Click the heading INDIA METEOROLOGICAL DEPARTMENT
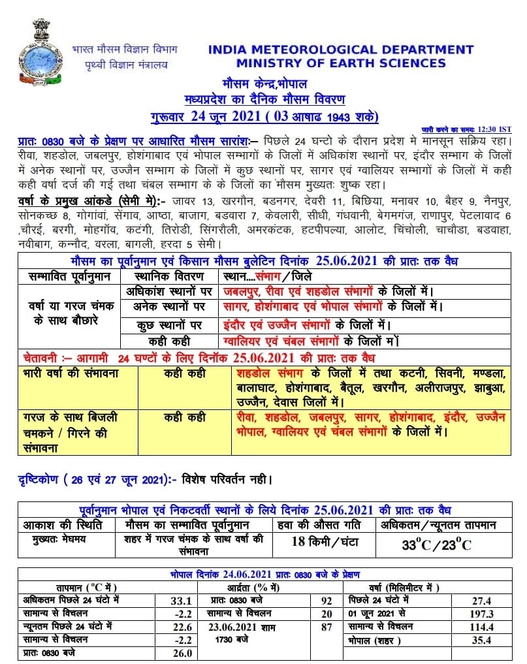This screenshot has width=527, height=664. point(340,50)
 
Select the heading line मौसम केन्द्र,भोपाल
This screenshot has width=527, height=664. point(264,84)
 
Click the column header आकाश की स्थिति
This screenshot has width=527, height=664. point(60,525)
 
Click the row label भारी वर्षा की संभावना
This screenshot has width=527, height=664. point(63,374)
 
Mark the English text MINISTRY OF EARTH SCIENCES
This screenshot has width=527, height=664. point(341,63)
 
